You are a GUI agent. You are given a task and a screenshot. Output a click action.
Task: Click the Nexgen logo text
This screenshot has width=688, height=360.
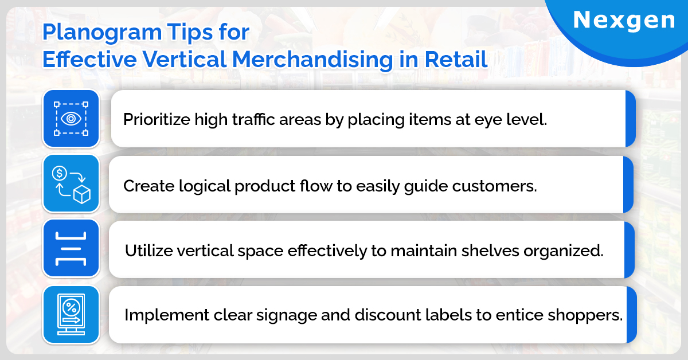[624, 20]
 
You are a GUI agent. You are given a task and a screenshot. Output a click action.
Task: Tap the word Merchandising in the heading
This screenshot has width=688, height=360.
[312, 59]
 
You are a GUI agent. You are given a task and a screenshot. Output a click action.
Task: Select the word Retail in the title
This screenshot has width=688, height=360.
[456, 59]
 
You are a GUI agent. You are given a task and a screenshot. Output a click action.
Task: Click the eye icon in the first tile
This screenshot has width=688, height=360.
[71, 119]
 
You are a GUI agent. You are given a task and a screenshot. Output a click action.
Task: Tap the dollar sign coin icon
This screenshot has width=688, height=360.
[59, 173]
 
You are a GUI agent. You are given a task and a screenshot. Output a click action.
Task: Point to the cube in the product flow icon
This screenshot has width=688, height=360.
[82, 194]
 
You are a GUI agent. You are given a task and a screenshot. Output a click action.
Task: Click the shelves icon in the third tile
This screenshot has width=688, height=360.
[71, 249]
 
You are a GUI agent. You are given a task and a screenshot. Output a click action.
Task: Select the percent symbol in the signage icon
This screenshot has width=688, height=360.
[71, 307]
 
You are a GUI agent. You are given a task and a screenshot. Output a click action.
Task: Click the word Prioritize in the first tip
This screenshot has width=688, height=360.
[157, 119]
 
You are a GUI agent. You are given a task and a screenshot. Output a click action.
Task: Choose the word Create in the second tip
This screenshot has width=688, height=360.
[148, 186]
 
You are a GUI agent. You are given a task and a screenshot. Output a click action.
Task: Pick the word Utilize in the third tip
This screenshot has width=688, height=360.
[148, 251]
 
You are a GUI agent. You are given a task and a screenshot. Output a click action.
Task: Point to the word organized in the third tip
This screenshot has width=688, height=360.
[563, 251]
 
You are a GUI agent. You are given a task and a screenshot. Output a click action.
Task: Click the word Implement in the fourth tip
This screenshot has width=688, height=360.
[167, 315]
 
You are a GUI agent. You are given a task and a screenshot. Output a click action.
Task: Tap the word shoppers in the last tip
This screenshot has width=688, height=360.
[585, 315]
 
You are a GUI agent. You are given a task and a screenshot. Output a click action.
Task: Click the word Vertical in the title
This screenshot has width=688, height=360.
[184, 59]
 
